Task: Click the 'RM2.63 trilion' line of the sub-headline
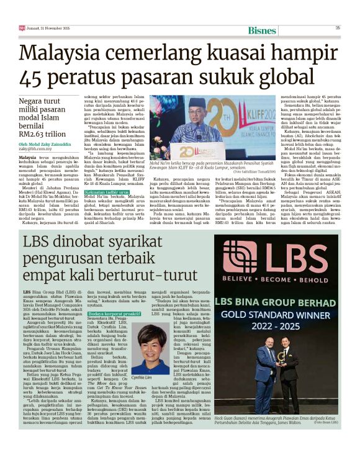click(x=50, y=133)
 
